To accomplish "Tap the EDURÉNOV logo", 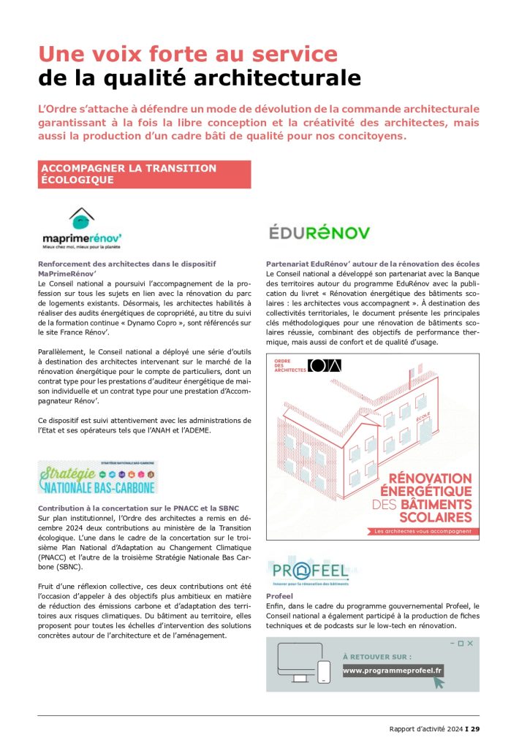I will click(319, 232).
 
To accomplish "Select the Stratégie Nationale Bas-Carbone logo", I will click(88, 476).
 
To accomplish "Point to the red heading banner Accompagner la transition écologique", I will click(144, 174).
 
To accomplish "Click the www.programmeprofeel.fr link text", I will click(393, 670).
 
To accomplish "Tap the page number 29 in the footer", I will click(475, 728).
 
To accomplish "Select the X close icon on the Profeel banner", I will click(471, 643).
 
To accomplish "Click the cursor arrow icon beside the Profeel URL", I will click(439, 682).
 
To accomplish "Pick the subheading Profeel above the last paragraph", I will click(279, 596).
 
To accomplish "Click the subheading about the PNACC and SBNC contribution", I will click(138, 508).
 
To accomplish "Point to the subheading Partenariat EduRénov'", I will click(372, 263).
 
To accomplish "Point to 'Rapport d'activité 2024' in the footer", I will click(426, 728).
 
